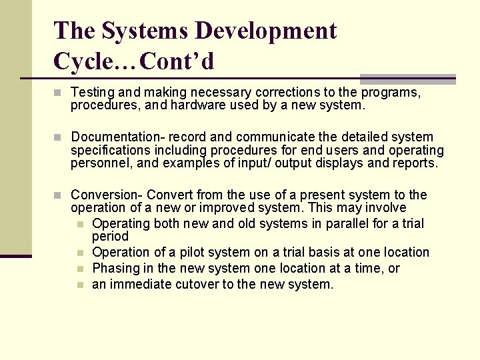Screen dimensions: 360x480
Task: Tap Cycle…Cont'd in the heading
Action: (x=133, y=61)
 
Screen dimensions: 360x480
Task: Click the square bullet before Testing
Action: (x=58, y=93)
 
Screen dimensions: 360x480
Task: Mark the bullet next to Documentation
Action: (x=58, y=137)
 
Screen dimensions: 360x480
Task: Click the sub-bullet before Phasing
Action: (x=80, y=269)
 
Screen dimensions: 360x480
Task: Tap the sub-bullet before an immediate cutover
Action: (x=80, y=285)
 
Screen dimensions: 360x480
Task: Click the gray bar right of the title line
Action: (x=407, y=79)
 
